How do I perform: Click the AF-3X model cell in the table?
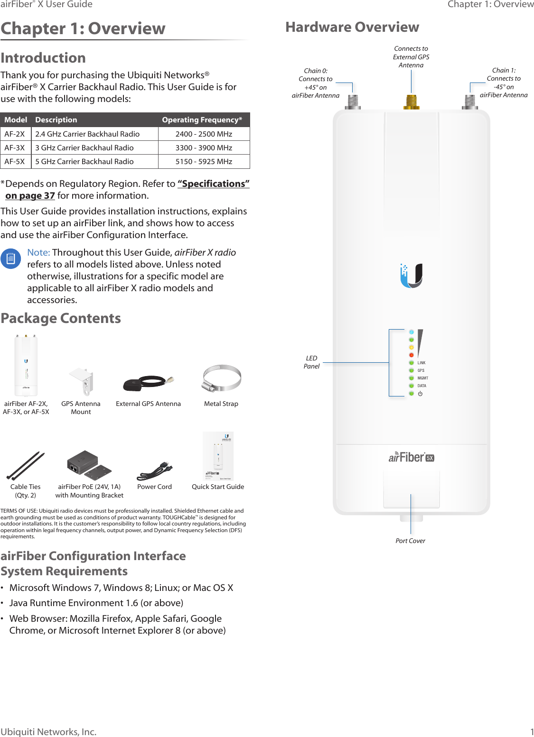(x=15, y=148)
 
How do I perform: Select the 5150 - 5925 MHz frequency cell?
(x=204, y=162)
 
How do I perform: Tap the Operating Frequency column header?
(x=202, y=120)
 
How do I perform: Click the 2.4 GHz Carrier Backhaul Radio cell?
(x=87, y=134)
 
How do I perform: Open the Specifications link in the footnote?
(x=213, y=184)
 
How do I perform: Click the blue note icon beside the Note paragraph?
(x=11, y=259)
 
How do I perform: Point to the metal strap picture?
(x=221, y=378)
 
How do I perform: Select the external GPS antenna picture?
(x=148, y=382)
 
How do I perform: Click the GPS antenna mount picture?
(x=81, y=381)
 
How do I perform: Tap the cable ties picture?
(x=26, y=465)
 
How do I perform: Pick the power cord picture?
(x=154, y=470)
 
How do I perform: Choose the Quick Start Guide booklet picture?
(x=218, y=456)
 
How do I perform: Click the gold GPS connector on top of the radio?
(x=411, y=101)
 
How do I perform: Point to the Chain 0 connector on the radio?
(x=353, y=101)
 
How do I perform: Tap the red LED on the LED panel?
(x=412, y=355)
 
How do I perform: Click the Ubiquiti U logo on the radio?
(x=411, y=276)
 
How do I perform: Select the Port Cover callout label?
(x=410, y=541)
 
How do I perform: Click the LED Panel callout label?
(x=311, y=362)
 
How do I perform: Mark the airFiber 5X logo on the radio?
(x=411, y=457)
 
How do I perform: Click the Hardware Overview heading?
(x=352, y=27)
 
